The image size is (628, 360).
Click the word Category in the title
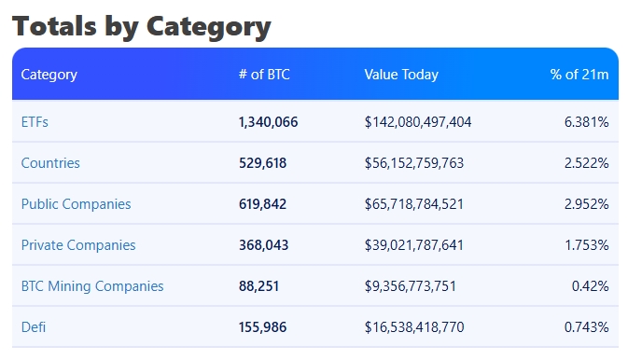[x=209, y=27]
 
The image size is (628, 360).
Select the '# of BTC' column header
[x=264, y=75]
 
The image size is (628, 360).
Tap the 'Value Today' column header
[x=401, y=75]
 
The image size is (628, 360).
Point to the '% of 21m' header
[x=579, y=75]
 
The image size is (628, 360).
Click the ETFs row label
[x=35, y=122]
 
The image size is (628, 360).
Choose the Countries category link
[x=50, y=163]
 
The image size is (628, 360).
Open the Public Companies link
[x=77, y=204]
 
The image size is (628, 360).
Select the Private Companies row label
[x=78, y=245]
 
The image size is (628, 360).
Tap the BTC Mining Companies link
[x=92, y=286]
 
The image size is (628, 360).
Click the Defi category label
[x=34, y=327]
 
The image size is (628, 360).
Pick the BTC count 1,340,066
[x=269, y=122]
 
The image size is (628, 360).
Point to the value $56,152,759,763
[x=414, y=163]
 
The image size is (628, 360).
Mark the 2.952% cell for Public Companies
[x=586, y=204]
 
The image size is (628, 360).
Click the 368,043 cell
[x=263, y=245]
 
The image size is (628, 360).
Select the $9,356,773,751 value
[x=411, y=286]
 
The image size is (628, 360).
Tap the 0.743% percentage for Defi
[x=586, y=327]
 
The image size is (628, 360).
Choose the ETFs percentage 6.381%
[x=586, y=122]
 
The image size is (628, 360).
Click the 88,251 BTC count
[x=258, y=286]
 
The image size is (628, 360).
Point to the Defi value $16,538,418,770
[x=414, y=327]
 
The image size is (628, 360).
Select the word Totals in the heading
[x=54, y=26]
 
